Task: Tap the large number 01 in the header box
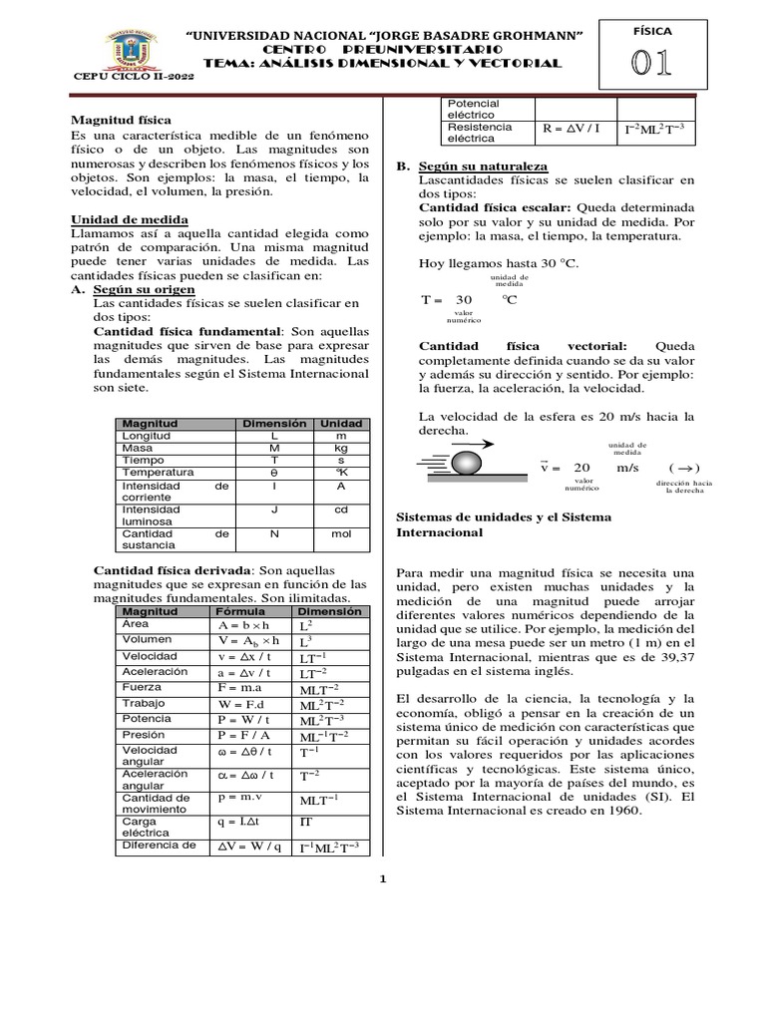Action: pyautogui.click(x=649, y=63)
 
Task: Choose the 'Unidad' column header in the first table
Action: pyautogui.click(x=341, y=424)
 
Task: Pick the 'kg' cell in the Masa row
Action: pyautogui.click(x=341, y=448)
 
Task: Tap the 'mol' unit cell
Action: pyautogui.click(x=341, y=533)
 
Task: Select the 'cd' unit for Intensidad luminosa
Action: pyautogui.click(x=341, y=509)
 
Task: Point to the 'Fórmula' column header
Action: pyautogui.click(x=240, y=610)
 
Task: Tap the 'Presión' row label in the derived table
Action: pyautogui.click(x=143, y=735)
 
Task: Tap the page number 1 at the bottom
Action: pyautogui.click(x=383, y=878)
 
